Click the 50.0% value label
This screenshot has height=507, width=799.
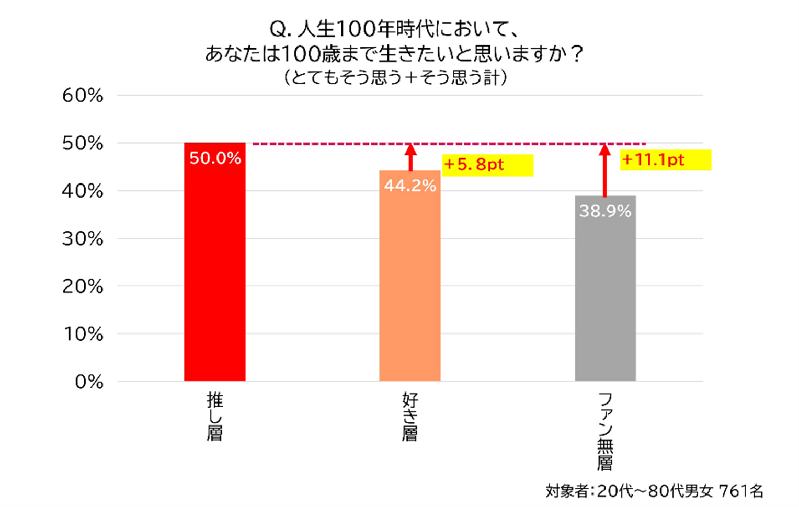tap(215, 158)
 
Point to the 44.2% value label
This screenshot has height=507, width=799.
tap(410, 186)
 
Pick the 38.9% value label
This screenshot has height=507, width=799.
tap(605, 211)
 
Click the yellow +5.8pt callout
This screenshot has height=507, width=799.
tap(487, 165)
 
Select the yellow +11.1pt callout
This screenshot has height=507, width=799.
tap(665, 160)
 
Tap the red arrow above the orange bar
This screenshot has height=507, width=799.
tap(410, 157)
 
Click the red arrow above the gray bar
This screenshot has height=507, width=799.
tap(605, 170)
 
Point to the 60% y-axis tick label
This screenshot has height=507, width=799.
tap(83, 96)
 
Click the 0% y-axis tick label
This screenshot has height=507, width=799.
tap(89, 382)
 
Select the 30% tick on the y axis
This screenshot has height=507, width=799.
tap(83, 239)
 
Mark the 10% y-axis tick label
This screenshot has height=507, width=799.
tap(83, 334)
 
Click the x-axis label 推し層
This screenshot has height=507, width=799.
tap(214, 417)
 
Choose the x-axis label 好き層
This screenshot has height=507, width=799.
tap(409, 417)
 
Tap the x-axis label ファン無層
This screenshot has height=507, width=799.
tap(605, 431)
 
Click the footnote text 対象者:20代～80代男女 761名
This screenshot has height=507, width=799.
tap(654, 491)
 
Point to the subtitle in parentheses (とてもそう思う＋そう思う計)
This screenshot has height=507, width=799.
tap(395, 78)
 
